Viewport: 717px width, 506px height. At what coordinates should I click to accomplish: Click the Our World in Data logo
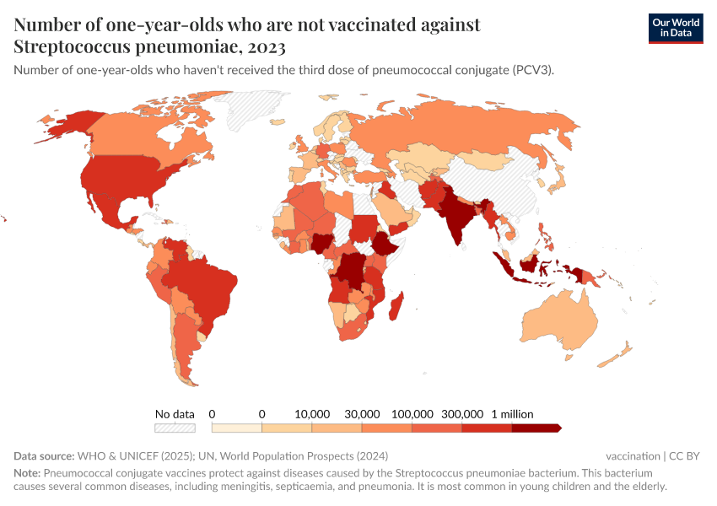675,27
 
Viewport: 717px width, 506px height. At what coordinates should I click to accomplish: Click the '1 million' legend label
512,414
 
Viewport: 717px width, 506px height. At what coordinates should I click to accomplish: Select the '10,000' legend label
312,414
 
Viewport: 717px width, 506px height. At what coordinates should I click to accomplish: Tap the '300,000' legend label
461,414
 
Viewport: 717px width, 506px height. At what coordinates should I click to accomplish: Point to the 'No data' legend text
175,414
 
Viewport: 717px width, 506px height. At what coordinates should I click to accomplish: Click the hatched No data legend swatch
175,428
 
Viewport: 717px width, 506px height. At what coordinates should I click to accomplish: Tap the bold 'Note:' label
27,473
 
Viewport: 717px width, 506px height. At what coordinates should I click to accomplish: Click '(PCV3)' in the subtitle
532,70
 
